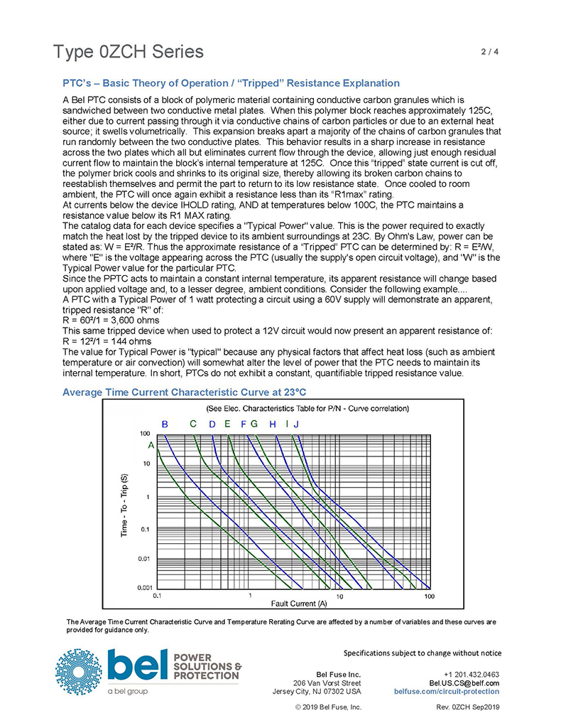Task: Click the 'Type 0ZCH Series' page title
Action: coord(128,52)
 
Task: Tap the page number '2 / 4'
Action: coord(490,51)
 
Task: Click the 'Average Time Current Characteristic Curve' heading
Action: coord(184,392)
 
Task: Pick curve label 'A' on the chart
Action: coord(151,446)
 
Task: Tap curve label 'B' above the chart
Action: coord(165,424)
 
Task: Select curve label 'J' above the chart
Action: coord(296,424)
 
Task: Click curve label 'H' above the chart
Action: coord(273,424)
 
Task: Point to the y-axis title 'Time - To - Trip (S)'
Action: coord(124,505)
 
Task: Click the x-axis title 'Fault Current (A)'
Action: coord(299,604)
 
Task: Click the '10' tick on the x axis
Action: coord(340,596)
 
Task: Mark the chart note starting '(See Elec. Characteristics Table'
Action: coord(307,409)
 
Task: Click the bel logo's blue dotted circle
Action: coord(79,672)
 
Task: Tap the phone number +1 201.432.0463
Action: coord(472,675)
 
